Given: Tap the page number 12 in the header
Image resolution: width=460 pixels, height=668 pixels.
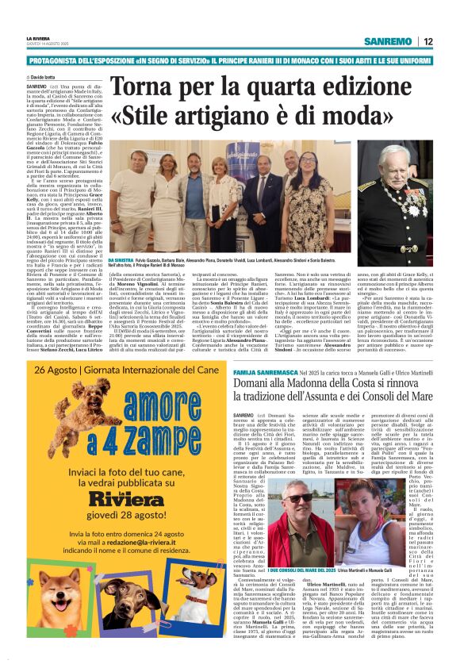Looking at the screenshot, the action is point(427,41).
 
